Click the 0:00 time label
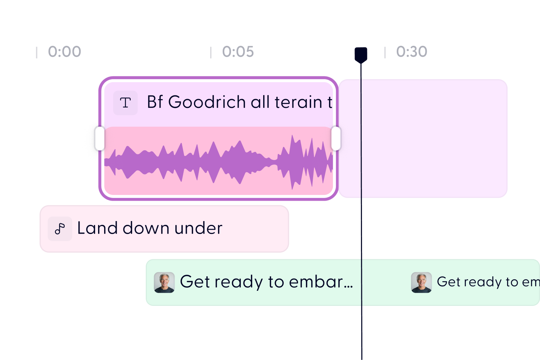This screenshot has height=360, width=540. [64, 52]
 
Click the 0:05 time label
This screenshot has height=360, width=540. [238, 52]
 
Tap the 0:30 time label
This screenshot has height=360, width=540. [412, 52]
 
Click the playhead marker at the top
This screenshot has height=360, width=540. [361, 55]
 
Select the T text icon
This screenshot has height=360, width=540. [125, 103]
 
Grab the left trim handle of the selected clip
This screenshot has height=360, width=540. [100, 139]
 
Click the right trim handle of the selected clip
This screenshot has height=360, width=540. [336, 139]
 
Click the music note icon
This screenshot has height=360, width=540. [60, 229]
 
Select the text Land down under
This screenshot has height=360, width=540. [150, 228]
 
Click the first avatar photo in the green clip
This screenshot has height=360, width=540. [164, 282]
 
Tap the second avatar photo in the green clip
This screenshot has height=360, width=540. [421, 282]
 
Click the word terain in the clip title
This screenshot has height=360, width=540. [298, 102]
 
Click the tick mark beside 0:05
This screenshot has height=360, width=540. [211, 53]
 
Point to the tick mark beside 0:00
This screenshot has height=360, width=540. [36, 53]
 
